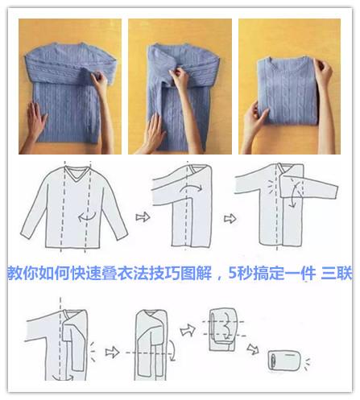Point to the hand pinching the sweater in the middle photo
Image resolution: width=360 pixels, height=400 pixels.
(172, 80)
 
